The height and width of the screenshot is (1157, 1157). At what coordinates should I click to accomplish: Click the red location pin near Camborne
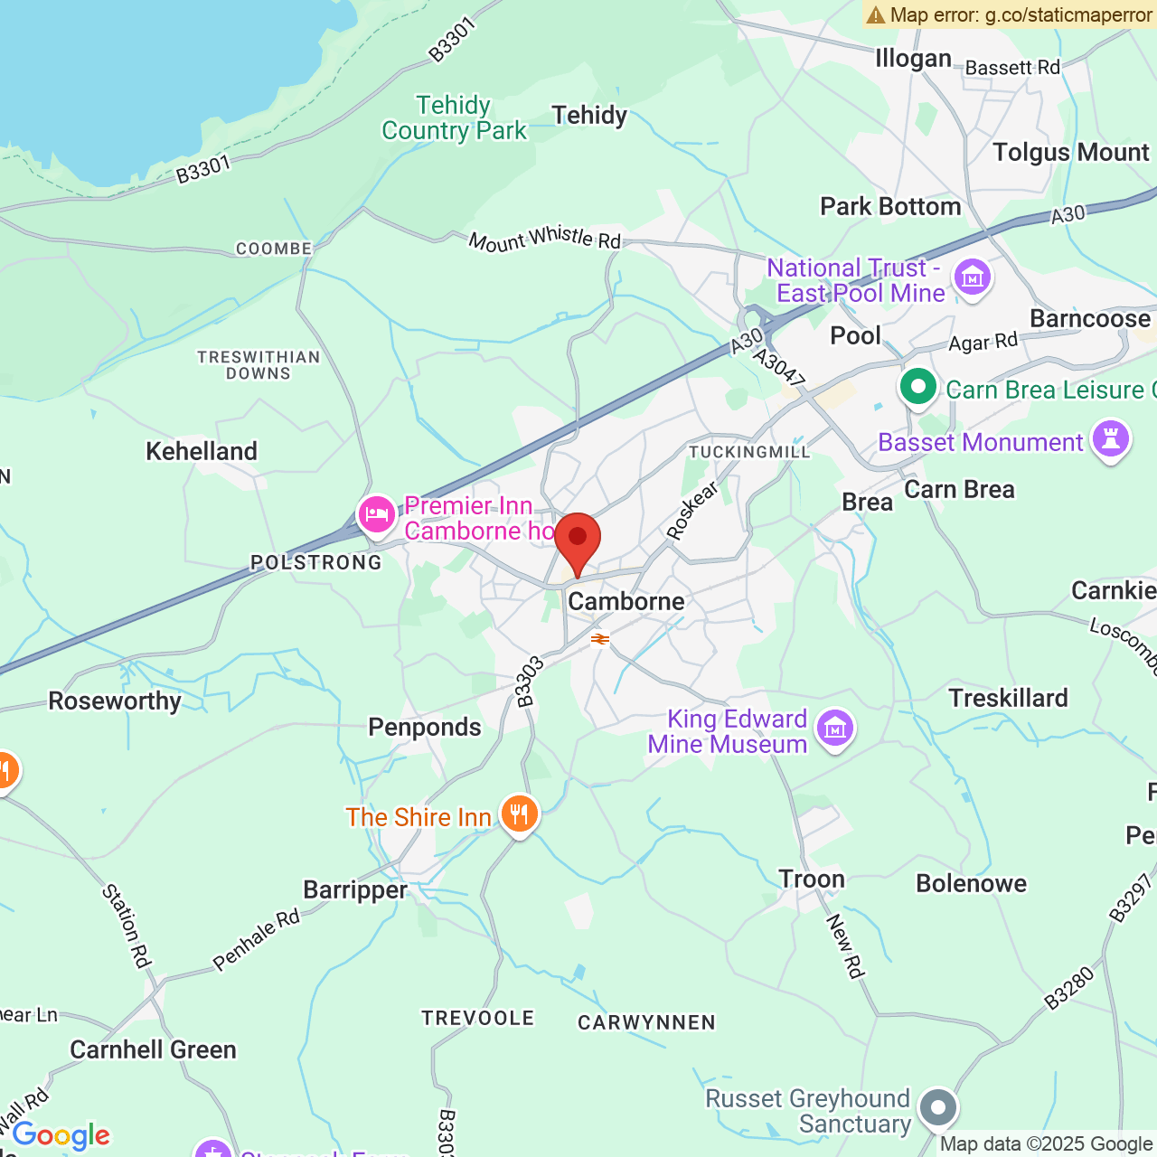[x=578, y=541]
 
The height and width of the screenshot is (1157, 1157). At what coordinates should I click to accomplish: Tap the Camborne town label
[x=626, y=601]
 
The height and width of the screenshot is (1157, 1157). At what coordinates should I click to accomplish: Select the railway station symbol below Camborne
[x=600, y=639]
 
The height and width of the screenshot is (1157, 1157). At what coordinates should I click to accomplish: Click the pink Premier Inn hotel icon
[x=376, y=515]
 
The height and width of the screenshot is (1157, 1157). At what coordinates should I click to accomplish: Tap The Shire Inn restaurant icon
[x=519, y=814]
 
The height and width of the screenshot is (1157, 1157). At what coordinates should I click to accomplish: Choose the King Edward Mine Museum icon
[x=834, y=728]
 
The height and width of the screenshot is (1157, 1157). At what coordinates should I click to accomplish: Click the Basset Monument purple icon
[x=1111, y=439]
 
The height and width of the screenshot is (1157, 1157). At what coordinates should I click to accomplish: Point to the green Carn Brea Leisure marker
[x=918, y=388]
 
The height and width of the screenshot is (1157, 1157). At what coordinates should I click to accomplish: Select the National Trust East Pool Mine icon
[x=973, y=277]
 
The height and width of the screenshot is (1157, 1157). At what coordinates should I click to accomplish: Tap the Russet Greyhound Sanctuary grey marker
[x=938, y=1107]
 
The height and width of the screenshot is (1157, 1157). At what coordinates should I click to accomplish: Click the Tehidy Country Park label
[x=454, y=118]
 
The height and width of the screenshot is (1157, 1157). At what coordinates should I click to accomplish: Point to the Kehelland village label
[x=202, y=451]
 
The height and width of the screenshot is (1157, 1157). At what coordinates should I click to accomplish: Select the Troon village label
[x=812, y=879]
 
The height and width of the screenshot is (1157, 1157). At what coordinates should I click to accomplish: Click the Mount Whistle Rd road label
[x=545, y=239]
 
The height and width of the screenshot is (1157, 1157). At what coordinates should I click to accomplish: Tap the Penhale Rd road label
[x=257, y=940]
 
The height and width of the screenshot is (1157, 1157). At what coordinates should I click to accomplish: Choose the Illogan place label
[x=913, y=59]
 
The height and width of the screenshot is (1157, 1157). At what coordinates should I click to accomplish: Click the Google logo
[x=61, y=1135]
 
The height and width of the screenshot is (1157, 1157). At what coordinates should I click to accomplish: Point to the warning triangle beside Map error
[x=875, y=14]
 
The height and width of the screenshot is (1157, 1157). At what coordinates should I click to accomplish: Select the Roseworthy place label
[x=115, y=701]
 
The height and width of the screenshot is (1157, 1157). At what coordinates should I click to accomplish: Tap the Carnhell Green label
[x=153, y=1049]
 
